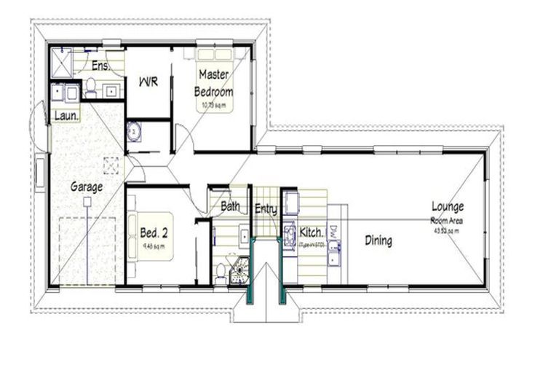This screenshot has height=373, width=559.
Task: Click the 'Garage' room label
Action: (86, 186)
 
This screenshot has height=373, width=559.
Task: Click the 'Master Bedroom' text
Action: (213, 83)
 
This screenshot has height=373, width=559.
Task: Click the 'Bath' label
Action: (230, 207)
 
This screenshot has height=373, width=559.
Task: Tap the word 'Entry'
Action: (266, 209)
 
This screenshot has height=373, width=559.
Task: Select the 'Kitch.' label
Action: (312, 232)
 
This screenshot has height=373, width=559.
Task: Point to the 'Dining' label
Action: (378, 240)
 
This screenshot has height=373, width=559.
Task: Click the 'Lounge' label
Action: (447, 206)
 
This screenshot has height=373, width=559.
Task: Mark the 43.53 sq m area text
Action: (445, 231)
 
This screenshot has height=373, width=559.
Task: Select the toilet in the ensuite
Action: (91, 88)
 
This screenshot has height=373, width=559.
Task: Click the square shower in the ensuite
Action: (63, 63)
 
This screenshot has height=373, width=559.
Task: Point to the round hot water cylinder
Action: (135, 131)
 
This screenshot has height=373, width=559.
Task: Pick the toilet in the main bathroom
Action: (221, 273)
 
